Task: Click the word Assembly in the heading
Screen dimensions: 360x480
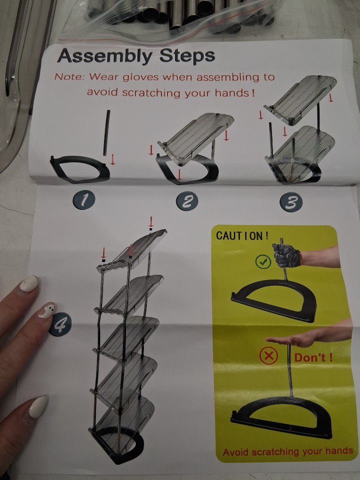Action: (104, 57)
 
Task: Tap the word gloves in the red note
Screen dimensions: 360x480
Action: (140, 77)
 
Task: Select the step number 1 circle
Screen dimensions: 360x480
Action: (84, 200)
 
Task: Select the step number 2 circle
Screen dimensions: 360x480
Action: (186, 201)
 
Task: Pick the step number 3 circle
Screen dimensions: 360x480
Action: (291, 202)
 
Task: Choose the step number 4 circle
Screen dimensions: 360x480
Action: (59, 325)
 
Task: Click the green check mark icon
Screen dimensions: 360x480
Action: (263, 261)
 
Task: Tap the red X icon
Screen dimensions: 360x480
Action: (268, 356)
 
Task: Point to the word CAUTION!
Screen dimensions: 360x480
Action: (242, 235)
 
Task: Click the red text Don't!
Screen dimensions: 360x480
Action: (313, 357)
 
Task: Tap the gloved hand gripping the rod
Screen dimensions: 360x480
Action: (286, 254)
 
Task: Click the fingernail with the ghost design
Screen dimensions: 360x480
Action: (47, 310)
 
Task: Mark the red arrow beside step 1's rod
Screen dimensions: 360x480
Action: (112, 159)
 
